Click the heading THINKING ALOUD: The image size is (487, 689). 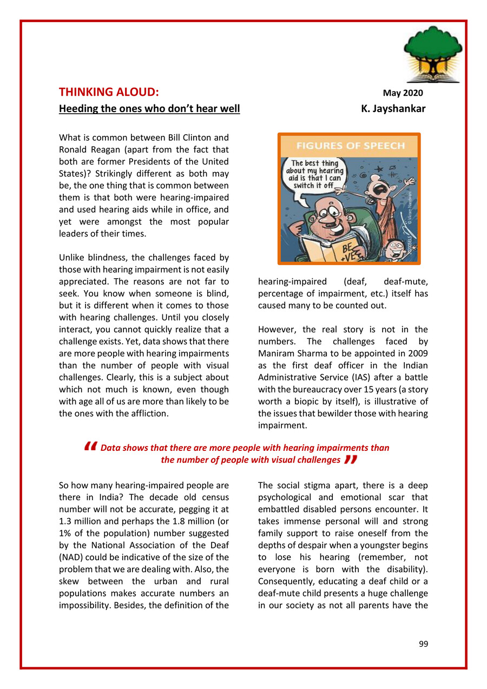point(108,92)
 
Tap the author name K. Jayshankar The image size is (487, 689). point(393,109)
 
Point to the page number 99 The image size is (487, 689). point(423,644)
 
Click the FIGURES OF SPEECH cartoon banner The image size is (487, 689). point(349,146)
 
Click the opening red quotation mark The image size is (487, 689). point(91,447)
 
